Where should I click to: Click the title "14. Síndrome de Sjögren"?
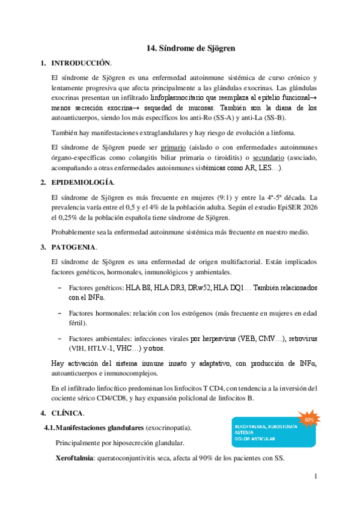(191, 48)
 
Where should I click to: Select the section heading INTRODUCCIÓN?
(81, 63)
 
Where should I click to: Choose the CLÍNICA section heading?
(68, 413)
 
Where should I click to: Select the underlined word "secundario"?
(272, 158)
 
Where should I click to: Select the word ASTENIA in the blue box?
(245, 433)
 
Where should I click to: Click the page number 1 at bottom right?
(315, 477)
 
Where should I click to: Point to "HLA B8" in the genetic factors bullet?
(138, 288)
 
